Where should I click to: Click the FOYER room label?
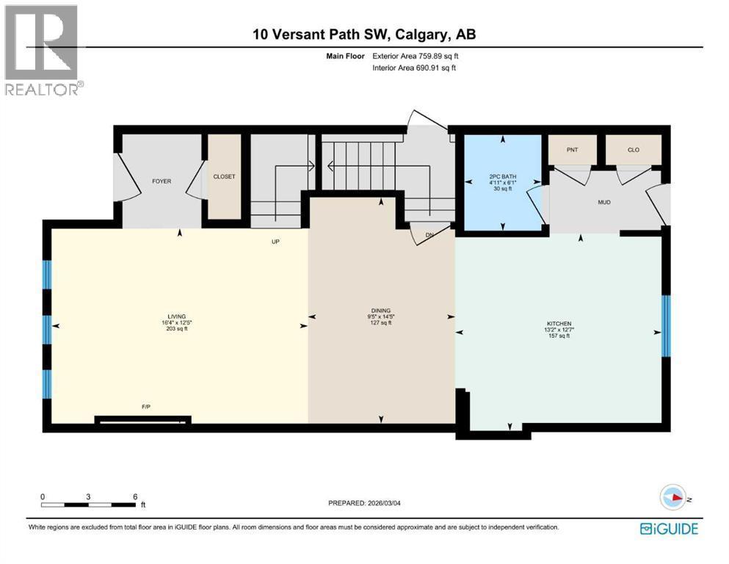[162, 181]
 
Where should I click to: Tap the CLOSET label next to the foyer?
[224, 177]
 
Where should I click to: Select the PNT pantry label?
[573, 150]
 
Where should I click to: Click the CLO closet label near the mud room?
[634, 150]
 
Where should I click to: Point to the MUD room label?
[604, 202]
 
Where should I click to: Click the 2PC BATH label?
[503, 177]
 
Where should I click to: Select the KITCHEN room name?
[559, 324]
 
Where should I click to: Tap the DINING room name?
[381, 311]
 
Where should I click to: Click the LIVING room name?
[177, 317]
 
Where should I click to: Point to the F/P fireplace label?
[146, 407]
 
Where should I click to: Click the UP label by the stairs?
[276, 242]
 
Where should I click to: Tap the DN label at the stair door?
[429, 235]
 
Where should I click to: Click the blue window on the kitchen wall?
[666, 325]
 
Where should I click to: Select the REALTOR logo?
[43, 50]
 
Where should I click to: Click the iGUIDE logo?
[669, 529]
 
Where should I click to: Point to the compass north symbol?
[673, 497]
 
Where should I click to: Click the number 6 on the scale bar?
[135, 496]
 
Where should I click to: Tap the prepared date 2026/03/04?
[384, 503]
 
